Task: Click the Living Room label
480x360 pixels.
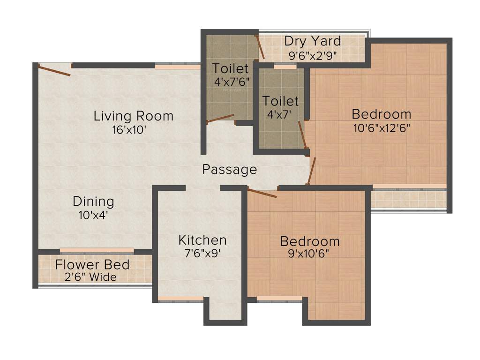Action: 134,116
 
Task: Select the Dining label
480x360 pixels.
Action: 93,202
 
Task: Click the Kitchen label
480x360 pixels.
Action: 202,240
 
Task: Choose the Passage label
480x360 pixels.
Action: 230,169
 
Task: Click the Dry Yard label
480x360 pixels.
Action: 313,41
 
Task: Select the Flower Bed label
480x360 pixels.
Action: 92,265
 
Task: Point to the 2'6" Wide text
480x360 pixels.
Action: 90,277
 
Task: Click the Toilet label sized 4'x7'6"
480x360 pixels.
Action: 230,68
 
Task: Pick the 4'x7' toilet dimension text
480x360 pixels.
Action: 280,114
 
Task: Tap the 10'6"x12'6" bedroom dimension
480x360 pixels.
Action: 382,128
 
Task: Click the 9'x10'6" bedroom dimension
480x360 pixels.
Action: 310,255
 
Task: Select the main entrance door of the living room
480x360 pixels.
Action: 54,71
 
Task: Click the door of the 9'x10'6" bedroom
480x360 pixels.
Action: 262,193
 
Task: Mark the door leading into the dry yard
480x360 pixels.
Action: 260,47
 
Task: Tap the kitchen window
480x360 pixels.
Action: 180,299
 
